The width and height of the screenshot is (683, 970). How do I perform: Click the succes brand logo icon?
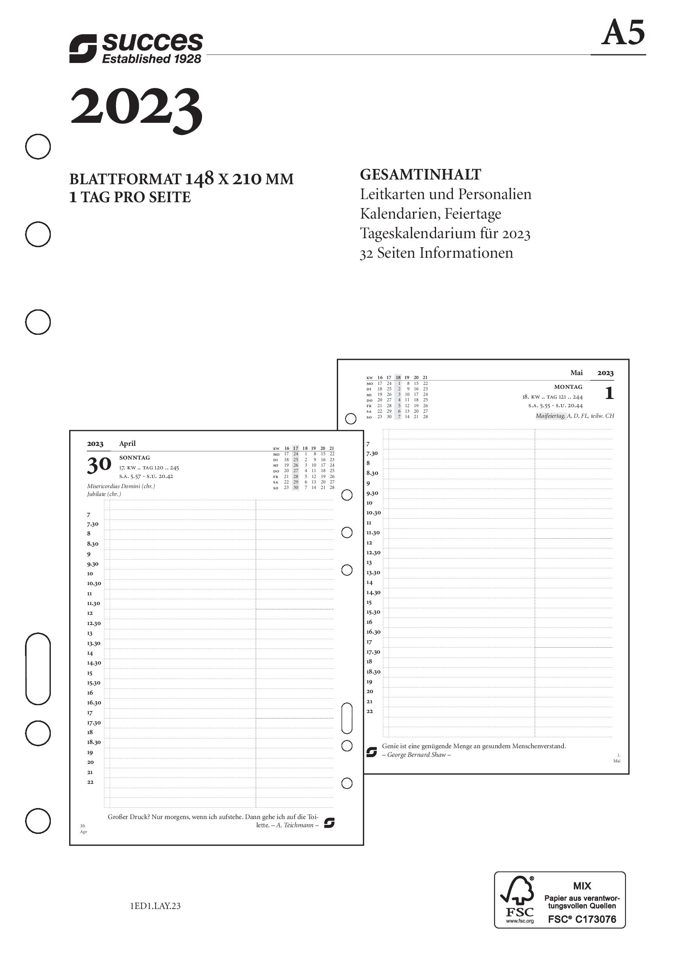(83, 48)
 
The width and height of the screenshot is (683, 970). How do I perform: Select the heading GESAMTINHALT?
(420, 174)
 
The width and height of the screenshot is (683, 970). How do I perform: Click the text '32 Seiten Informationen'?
(436, 253)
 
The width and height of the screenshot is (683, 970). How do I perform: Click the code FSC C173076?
(582, 919)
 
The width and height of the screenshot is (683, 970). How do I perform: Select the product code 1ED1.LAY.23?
(156, 906)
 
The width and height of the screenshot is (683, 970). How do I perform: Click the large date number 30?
(99, 465)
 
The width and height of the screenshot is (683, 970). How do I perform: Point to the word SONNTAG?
(134, 458)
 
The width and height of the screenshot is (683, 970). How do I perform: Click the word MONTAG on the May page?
(568, 386)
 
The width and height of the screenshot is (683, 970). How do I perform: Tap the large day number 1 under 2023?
(609, 393)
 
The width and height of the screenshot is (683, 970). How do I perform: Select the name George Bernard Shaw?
(417, 754)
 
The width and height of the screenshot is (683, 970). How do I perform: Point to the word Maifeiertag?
(550, 416)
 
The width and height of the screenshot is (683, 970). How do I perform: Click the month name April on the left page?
(127, 443)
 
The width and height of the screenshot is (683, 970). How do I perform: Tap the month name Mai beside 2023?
(576, 373)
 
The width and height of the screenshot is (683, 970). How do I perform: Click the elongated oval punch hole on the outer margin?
(38, 669)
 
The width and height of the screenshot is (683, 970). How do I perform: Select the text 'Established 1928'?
(152, 59)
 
